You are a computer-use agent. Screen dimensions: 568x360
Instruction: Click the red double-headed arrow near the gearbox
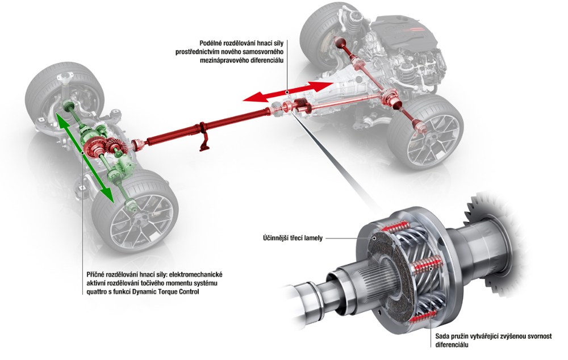287,92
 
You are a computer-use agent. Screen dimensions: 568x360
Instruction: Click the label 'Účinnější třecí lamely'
293,238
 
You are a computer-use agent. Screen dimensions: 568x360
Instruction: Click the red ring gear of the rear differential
93,147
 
